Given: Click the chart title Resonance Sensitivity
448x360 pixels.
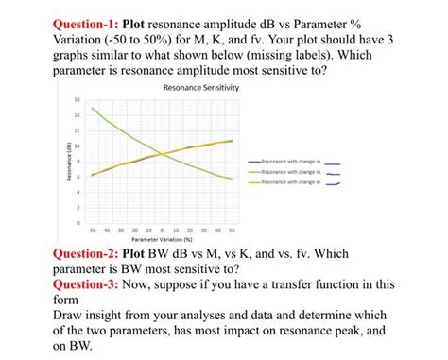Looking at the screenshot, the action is click(x=202, y=88).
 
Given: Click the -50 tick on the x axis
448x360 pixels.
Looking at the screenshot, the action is click(x=92, y=230).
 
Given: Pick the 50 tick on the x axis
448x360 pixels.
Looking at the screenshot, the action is click(x=233, y=230).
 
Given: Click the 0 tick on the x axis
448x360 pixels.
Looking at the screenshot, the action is click(x=163, y=230).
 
